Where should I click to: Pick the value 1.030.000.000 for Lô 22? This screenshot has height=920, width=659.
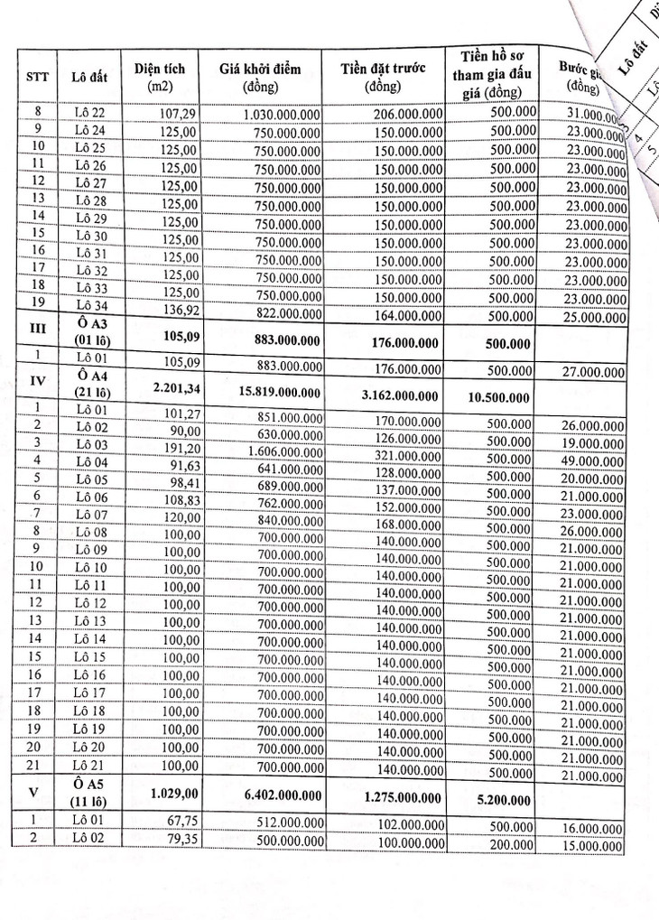coord(282,115)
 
